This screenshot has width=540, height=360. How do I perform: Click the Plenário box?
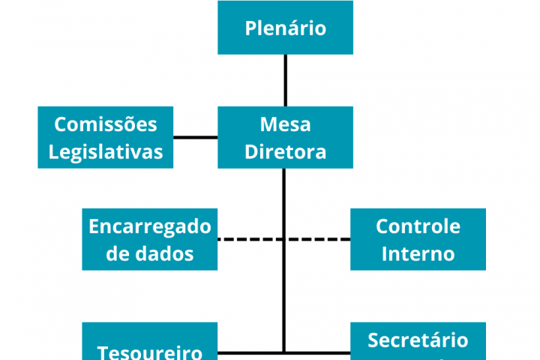[x=285, y=28]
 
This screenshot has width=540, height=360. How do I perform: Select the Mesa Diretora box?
[x=285, y=137]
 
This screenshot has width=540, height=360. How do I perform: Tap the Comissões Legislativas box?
[x=106, y=137]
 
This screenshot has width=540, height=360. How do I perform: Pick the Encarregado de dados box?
[x=150, y=239]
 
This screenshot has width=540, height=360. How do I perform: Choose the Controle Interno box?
[x=418, y=239]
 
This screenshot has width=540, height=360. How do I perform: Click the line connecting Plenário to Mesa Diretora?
[x=285, y=80]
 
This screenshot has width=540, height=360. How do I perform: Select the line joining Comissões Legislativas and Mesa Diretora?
[x=196, y=137]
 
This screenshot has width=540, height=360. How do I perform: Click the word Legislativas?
[x=106, y=151]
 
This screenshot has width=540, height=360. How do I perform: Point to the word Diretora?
[x=286, y=151]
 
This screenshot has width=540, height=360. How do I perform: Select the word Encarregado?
[x=150, y=226]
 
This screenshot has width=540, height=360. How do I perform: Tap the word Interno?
[x=418, y=253]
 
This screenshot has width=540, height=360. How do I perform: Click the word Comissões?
[x=106, y=124]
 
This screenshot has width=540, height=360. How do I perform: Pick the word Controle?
[x=418, y=226]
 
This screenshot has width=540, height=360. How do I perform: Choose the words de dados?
[x=150, y=253]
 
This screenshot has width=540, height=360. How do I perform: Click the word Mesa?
[x=285, y=124]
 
